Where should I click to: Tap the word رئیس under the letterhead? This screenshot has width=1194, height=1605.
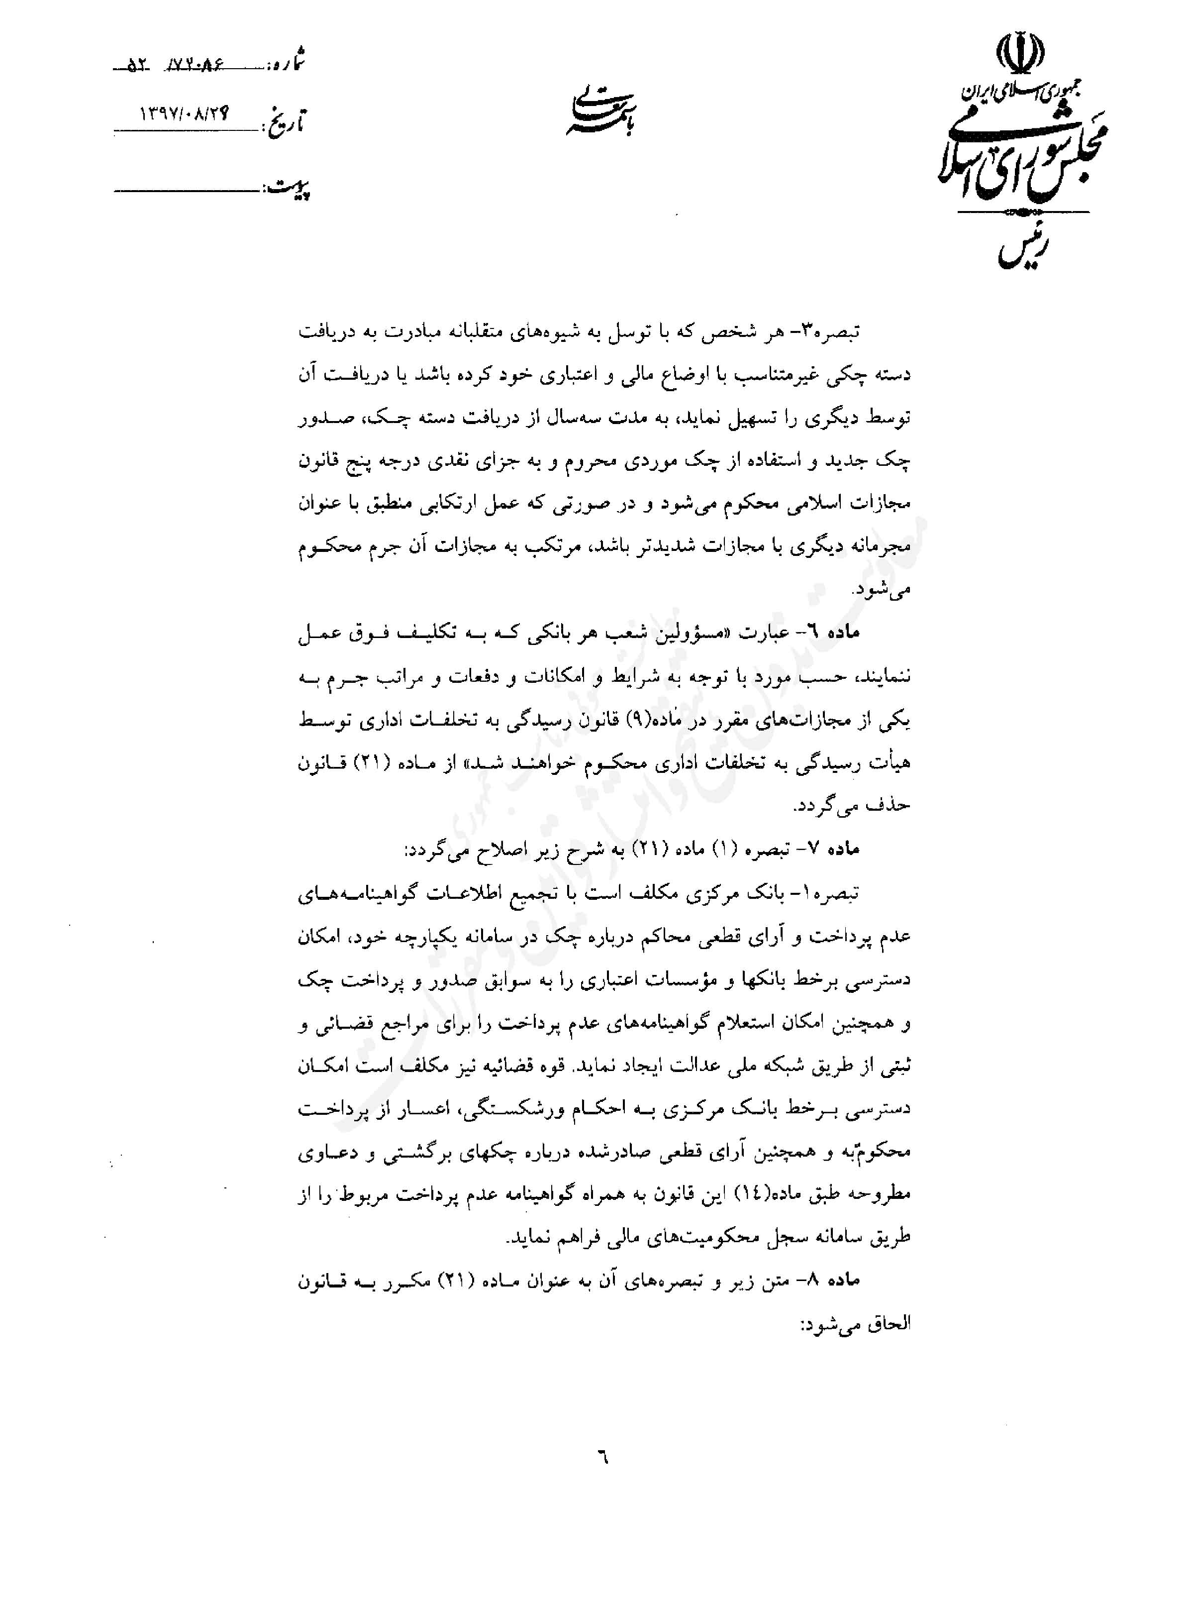[1027, 249]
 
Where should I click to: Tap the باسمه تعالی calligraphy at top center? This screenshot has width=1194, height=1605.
[600, 112]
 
